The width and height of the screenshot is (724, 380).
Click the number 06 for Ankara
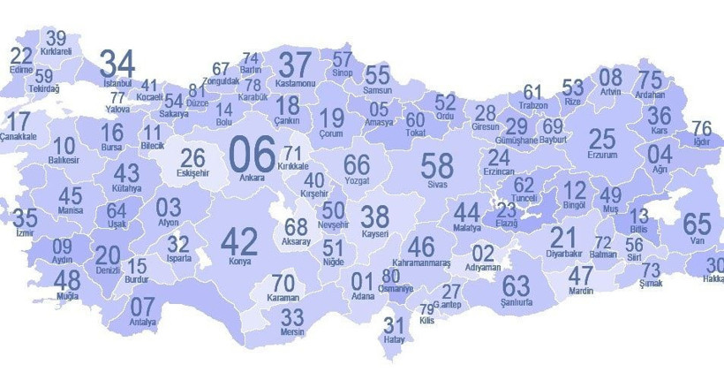[252, 153]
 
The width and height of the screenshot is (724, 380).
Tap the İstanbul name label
[117, 83]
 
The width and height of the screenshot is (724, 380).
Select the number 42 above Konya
[238, 241]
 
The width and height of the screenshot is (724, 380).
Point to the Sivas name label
[437, 186]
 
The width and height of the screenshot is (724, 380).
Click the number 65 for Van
[697, 224]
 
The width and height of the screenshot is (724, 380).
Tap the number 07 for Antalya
[142, 306]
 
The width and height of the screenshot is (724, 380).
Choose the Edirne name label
[21, 70]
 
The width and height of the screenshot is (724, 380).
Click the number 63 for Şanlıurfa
[516, 285]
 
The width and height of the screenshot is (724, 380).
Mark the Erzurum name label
[602, 156]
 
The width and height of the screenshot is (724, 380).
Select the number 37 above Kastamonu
[295, 65]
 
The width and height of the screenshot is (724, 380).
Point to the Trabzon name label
[533, 105]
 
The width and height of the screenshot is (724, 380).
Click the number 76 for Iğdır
[701, 128]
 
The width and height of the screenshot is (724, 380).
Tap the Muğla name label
[67, 297]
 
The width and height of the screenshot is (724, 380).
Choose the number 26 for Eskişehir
[192, 158]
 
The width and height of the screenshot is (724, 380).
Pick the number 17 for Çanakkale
[18, 122]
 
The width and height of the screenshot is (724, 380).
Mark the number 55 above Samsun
[377, 74]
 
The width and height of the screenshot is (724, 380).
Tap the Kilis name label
[427, 323]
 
